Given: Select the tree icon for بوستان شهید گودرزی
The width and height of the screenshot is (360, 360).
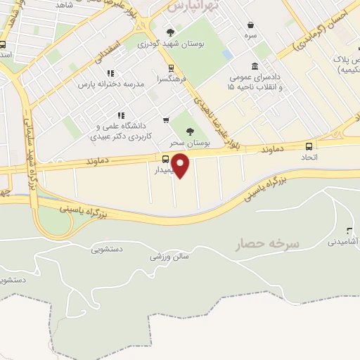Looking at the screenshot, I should click(x=171, y=32).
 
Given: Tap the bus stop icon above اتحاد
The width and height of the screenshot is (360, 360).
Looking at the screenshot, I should click(x=309, y=146).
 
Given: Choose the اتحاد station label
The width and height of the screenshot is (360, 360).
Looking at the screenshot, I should click(x=309, y=158).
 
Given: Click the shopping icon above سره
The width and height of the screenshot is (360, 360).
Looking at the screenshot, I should click(x=250, y=23).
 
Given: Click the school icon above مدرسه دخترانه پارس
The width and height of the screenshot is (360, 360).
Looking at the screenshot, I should click(x=110, y=73).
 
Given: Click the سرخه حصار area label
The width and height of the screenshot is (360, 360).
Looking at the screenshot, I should click(x=268, y=244).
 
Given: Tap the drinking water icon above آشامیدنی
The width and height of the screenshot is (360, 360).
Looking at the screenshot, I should click(x=349, y=231).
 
